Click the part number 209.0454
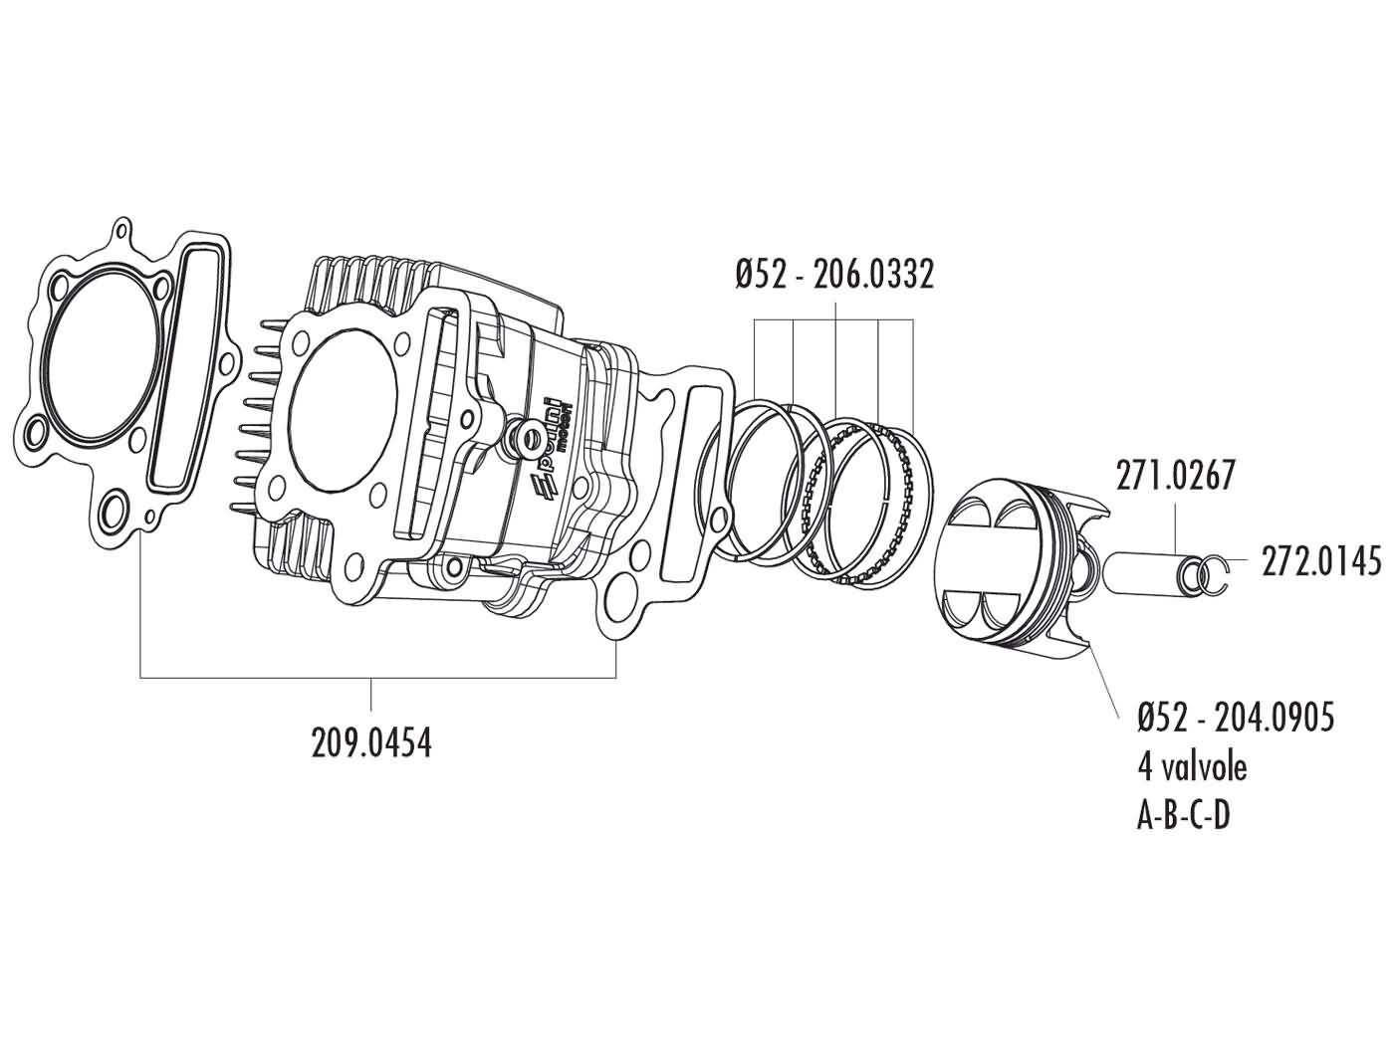tap(371, 742)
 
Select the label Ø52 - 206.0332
tap(834, 275)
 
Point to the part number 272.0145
tap(1321, 561)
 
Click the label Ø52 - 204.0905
tap(1235, 717)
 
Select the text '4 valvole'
tap(1192, 766)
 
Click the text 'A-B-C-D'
tap(1184, 816)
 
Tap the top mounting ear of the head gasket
tap(122, 233)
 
